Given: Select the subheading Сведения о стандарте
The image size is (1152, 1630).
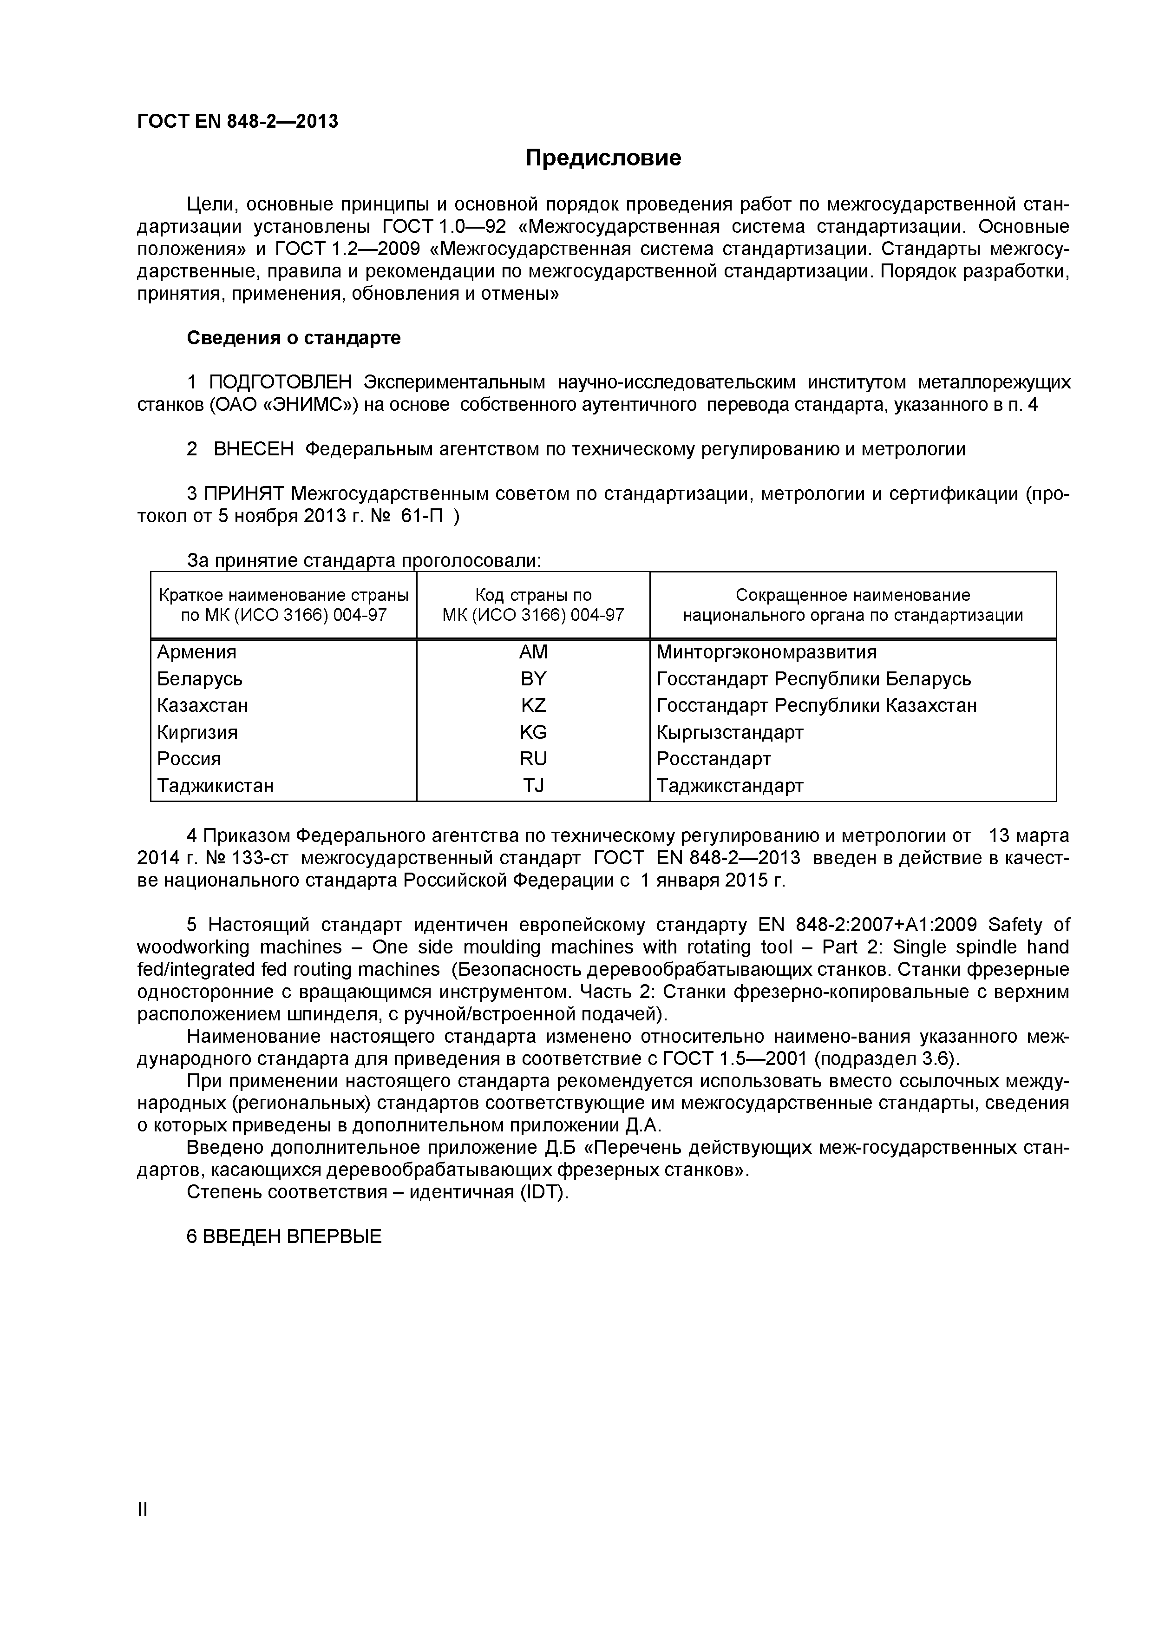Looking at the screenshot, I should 293,338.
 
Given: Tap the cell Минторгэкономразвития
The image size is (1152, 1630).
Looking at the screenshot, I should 766,652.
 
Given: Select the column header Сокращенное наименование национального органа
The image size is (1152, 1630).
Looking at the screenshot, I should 852,605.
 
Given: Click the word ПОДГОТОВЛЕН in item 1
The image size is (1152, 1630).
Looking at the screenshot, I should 281,383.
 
